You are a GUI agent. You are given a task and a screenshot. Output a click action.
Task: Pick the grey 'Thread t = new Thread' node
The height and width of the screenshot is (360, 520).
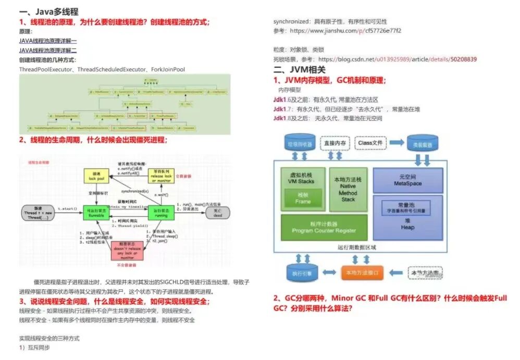click(38, 212)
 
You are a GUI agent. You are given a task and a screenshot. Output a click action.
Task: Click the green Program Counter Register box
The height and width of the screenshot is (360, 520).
click(324, 227)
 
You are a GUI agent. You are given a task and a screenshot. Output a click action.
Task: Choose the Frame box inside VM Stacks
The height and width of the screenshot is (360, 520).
click(303, 198)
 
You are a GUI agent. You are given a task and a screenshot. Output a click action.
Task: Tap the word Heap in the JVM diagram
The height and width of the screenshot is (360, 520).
click(407, 227)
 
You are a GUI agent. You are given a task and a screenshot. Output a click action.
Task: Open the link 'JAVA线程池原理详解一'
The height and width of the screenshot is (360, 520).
click(48, 41)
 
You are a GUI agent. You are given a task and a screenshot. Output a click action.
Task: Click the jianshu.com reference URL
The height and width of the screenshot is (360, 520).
click(345, 31)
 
